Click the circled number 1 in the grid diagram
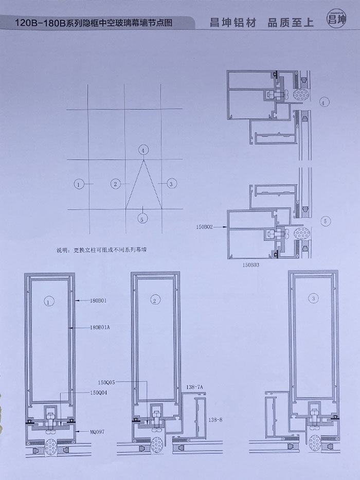point(79,184)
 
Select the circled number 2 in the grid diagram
point(116,184)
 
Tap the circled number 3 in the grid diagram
point(172,184)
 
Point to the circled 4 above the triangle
point(143,150)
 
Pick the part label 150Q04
point(99,393)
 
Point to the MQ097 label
point(97,432)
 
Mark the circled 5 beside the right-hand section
point(325,222)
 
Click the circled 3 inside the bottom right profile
point(313,298)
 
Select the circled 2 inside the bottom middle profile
point(155,299)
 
